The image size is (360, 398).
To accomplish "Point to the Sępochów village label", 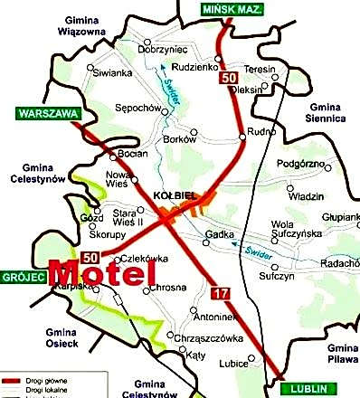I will pos(137,108).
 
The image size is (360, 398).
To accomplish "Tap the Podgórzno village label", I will pos(299,164).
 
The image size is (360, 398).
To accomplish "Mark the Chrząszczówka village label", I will pos(213,338).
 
